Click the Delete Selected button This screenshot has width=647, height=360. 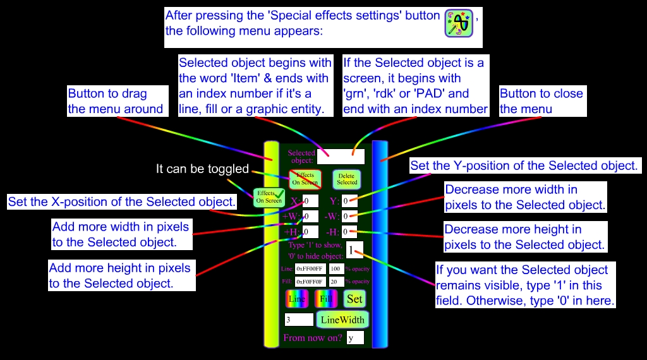click(346, 179)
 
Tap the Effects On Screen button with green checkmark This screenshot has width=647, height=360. click(269, 198)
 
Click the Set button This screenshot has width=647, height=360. click(355, 299)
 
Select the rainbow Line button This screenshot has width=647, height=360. click(298, 299)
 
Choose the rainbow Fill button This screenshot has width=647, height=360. click(325, 299)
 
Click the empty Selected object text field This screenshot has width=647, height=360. click(341, 157)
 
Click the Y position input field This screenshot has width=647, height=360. click(349, 201)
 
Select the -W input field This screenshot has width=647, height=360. click(349, 217)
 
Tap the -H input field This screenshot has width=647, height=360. click(349, 232)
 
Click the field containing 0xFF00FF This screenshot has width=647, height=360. click(310, 269)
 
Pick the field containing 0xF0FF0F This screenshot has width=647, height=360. click(310, 282)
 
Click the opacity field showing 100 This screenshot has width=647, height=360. click(337, 269)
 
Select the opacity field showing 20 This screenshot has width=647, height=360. click(337, 282)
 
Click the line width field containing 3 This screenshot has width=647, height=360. click(299, 320)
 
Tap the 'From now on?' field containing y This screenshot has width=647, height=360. click(354, 338)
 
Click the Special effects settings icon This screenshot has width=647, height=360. click(459, 23)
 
